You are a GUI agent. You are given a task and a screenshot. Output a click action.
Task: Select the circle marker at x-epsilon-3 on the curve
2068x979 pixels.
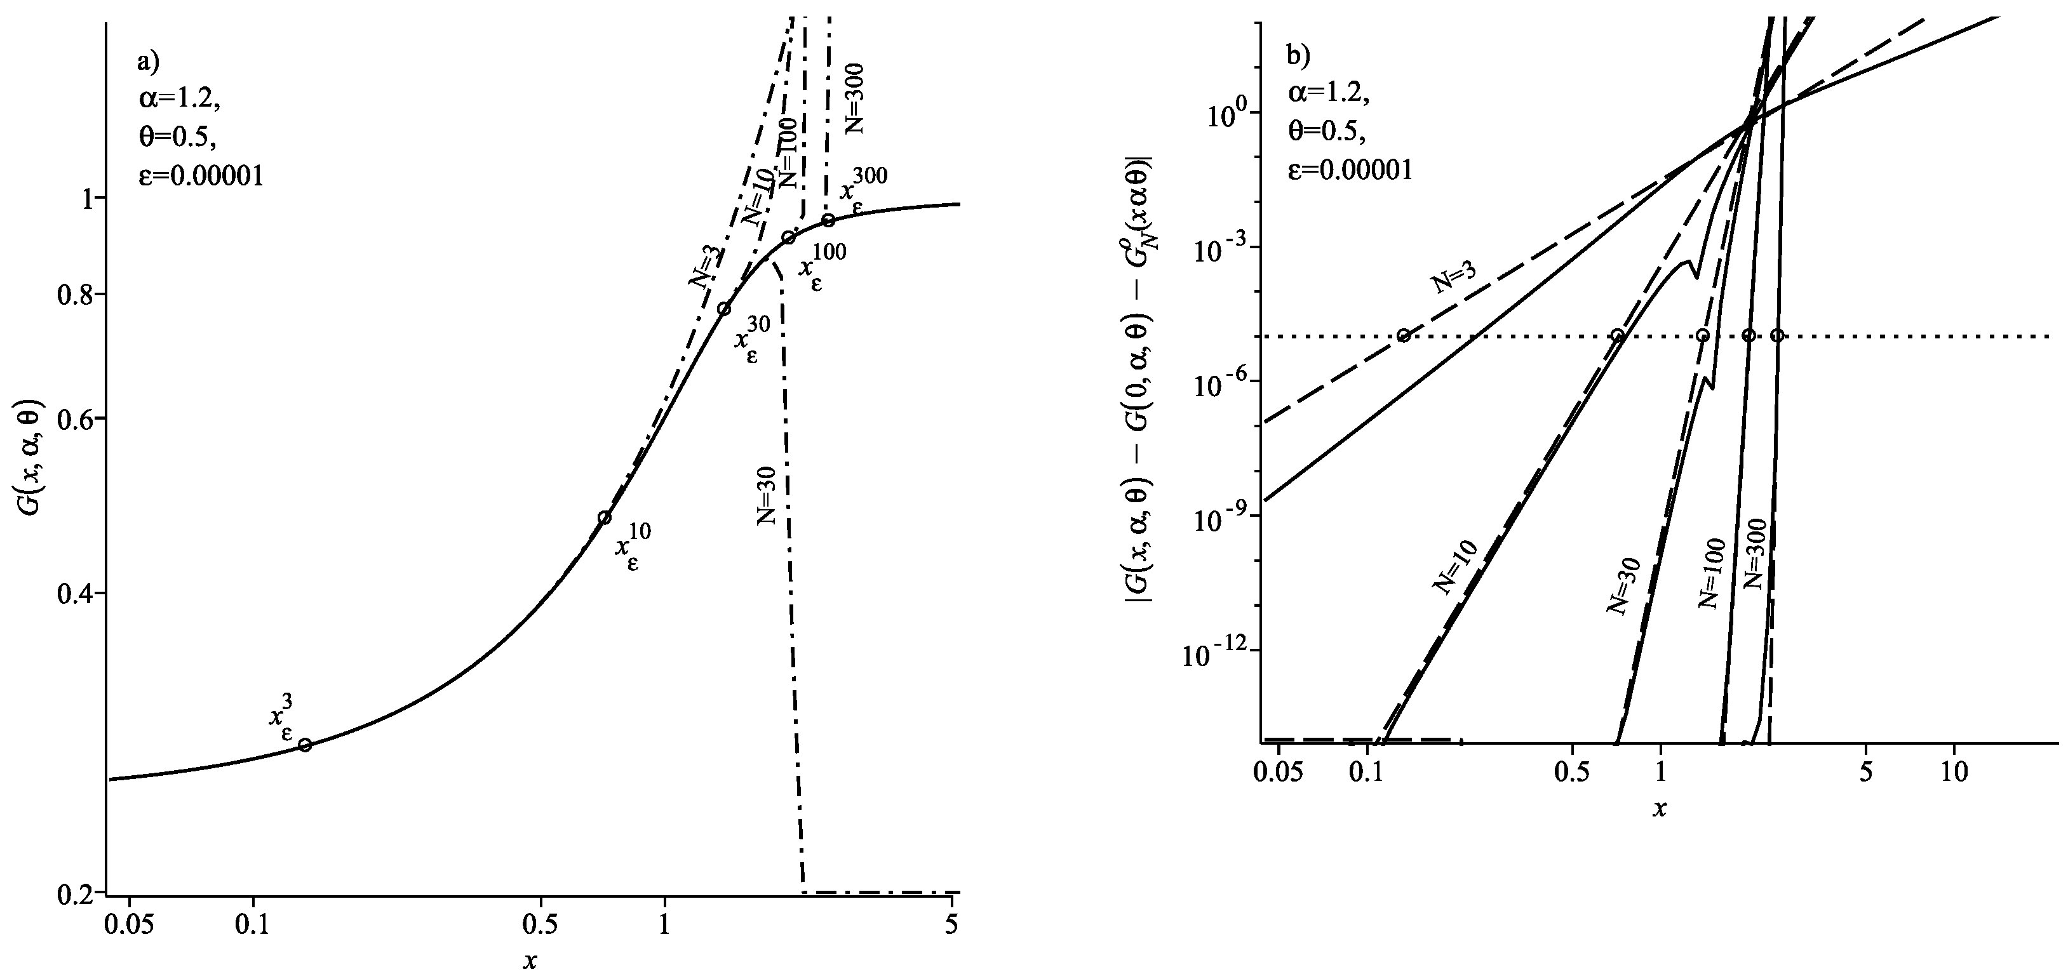coord(305,745)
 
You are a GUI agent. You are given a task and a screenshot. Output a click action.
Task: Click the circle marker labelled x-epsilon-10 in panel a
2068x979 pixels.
coord(605,517)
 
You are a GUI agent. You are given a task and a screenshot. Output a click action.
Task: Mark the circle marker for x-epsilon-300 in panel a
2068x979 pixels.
coord(828,220)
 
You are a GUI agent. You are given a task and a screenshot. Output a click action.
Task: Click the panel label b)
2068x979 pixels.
coord(1298,55)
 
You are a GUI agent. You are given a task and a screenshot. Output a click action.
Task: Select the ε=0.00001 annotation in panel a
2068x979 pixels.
coord(200,176)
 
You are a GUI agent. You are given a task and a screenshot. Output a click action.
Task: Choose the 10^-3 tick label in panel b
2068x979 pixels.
coord(1214,248)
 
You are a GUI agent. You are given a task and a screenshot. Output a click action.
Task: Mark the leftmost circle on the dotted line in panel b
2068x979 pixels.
coord(1403,335)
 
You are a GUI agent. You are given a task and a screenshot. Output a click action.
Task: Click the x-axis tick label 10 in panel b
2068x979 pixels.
coord(1953,773)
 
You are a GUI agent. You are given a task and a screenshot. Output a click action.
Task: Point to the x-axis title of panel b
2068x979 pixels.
coord(1660,808)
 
